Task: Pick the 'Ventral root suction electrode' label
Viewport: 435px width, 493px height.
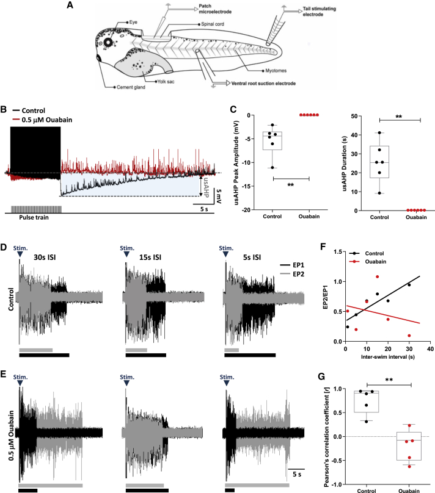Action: (269, 82)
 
